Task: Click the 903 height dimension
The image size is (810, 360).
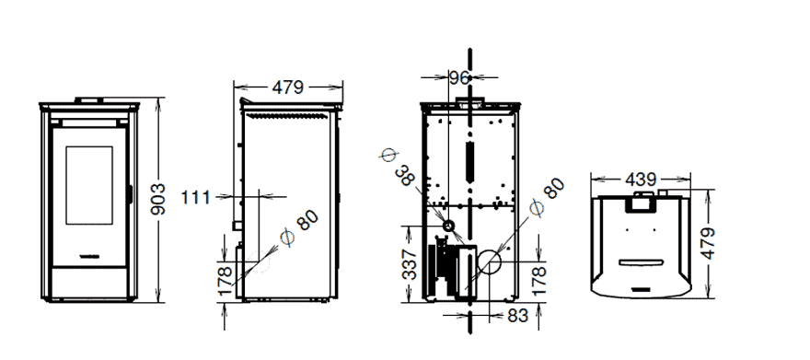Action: click(x=158, y=199)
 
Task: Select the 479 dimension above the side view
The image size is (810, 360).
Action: click(x=288, y=87)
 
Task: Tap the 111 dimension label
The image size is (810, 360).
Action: click(x=196, y=197)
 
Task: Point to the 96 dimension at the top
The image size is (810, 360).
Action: click(x=459, y=78)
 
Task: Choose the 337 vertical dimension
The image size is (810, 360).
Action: click(x=410, y=264)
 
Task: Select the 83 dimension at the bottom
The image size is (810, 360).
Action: click(x=518, y=315)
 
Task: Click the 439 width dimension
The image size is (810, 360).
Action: click(x=641, y=180)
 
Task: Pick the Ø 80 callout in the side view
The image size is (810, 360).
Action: click(x=299, y=227)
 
